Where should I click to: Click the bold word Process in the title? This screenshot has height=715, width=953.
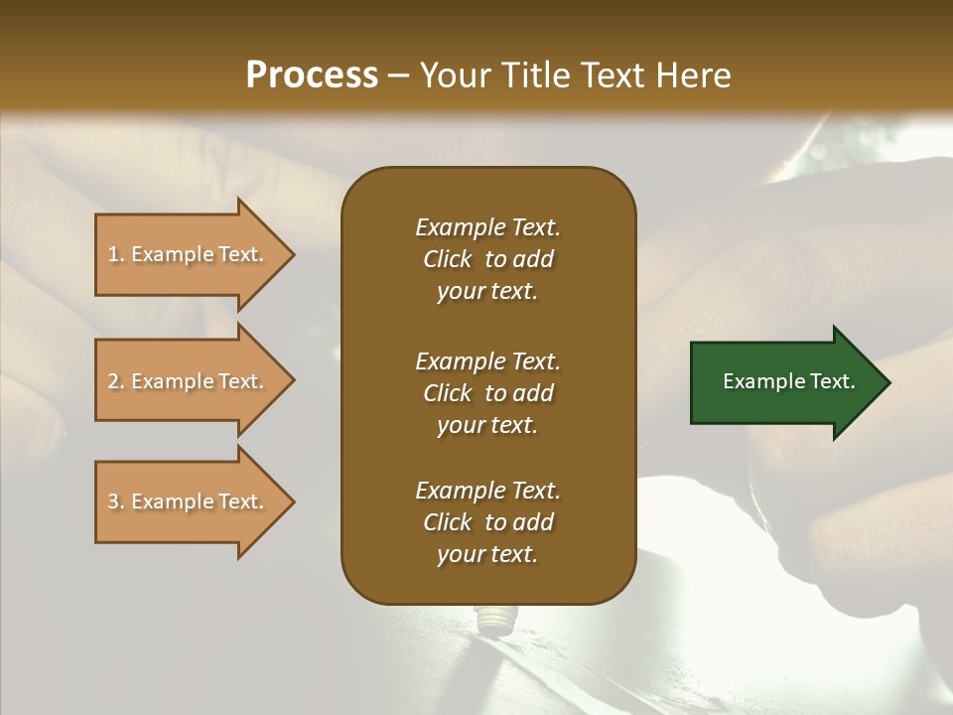(x=312, y=75)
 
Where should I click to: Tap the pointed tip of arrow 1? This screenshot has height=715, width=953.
(x=291, y=254)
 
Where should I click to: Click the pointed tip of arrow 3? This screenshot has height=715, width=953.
(x=291, y=501)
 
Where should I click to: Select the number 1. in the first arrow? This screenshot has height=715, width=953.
(x=116, y=254)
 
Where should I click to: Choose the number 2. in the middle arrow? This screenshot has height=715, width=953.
(x=116, y=381)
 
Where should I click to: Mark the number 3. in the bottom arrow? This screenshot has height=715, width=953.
(x=116, y=501)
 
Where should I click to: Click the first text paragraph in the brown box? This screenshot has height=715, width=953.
(x=487, y=259)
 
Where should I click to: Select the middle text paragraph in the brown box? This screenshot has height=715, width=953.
(x=487, y=393)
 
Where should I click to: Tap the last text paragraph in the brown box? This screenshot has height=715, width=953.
(x=487, y=522)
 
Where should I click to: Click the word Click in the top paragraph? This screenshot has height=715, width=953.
(x=447, y=259)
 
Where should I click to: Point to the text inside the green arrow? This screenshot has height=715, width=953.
(x=789, y=381)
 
